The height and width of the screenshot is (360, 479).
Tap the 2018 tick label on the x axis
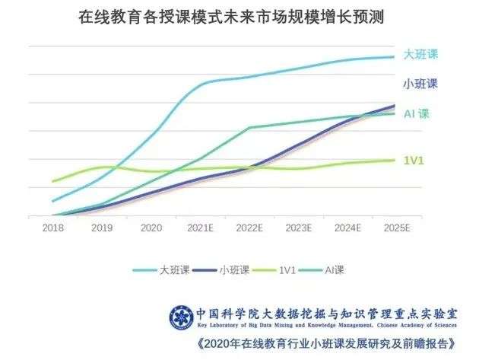tap(52, 227)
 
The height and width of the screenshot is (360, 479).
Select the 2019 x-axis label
tap(102, 227)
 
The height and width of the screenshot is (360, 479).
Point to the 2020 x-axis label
tap(151, 227)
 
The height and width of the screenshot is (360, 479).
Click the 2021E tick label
tap(201, 227)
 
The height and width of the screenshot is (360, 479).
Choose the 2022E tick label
tap(250, 227)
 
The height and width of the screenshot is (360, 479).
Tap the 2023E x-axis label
tap(299, 227)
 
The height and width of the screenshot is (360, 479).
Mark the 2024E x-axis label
tap(348, 227)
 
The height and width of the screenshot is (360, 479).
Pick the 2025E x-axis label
tap(397, 227)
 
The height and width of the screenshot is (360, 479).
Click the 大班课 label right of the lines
tap(421, 55)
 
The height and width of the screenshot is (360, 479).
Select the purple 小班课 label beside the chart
tap(421, 84)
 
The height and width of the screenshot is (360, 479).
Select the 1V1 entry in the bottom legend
tap(278, 269)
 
